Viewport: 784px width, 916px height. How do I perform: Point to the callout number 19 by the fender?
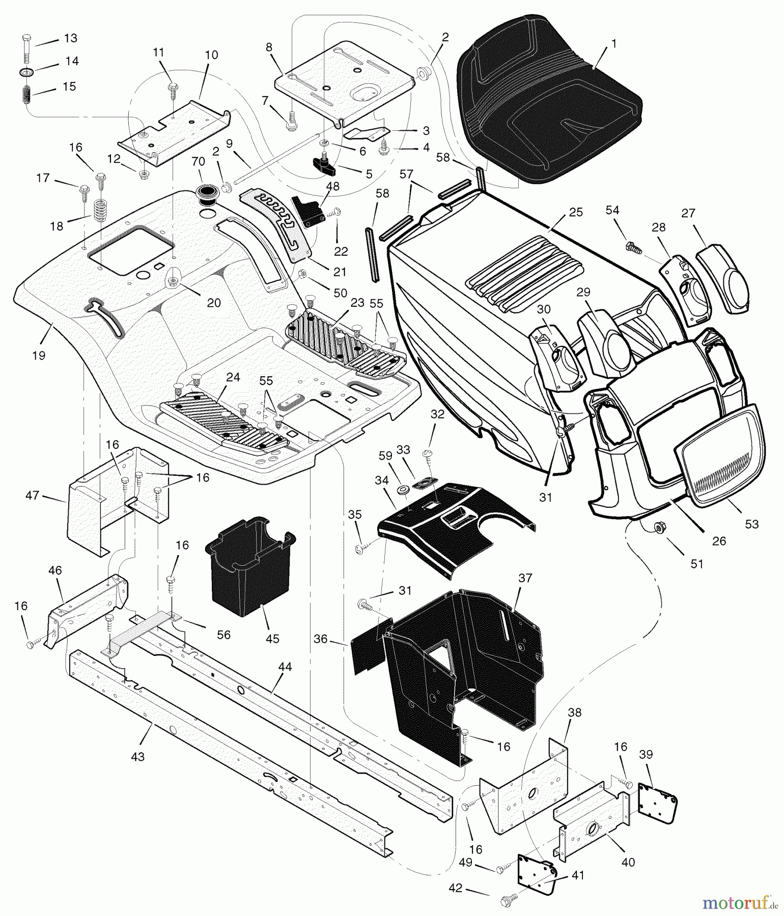click(x=39, y=356)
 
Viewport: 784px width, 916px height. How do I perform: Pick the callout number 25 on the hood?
click(x=576, y=212)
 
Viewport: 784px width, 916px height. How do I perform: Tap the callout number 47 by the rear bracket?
click(x=32, y=495)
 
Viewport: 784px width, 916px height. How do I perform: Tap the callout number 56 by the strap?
click(x=223, y=635)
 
